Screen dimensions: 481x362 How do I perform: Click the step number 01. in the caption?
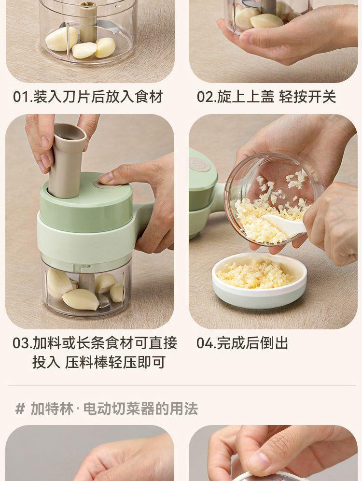coord(21,97)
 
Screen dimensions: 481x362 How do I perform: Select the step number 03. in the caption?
coord(22,343)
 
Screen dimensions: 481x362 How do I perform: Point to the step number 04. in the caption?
coord(206,343)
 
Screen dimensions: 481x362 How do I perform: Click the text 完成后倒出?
coord(252,343)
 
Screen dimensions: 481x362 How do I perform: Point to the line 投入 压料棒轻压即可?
coord(98,362)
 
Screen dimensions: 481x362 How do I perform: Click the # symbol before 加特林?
coord(20,409)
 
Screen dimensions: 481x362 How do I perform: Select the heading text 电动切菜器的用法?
coord(140,409)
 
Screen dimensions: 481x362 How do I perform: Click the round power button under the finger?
coord(103,182)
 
